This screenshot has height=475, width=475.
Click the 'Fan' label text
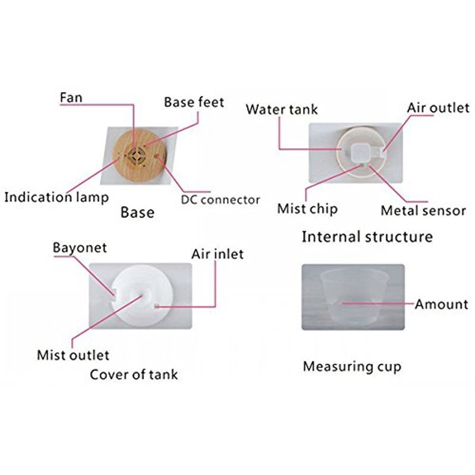point(71,97)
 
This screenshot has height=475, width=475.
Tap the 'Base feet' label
point(194,102)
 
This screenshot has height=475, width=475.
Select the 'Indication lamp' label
point(56,197)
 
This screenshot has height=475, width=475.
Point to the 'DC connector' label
point(220,200)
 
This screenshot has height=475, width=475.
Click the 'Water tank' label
point(281,109)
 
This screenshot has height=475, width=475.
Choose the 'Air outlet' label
point(438,108)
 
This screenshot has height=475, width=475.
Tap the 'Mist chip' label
point(307,209)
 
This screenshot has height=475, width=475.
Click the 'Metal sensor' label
point(423,211)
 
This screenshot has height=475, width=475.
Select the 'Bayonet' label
point(80,248)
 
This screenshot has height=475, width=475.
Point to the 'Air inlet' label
point(217,254)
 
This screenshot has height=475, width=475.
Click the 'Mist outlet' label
point(73,355)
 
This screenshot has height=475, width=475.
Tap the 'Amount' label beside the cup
point(441,304)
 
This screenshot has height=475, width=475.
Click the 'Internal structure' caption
point(367,236)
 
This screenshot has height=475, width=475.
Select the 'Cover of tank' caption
point(134,375)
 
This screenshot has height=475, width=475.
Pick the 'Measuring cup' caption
point(352,367)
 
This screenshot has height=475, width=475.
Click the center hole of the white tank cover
point(142,294)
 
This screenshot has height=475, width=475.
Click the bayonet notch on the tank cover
point(114,293)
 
